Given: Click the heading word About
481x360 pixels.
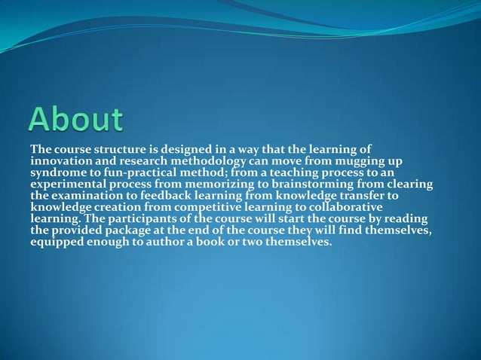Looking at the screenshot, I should (76, 121).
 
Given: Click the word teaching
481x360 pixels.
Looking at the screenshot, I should (274, 174).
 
